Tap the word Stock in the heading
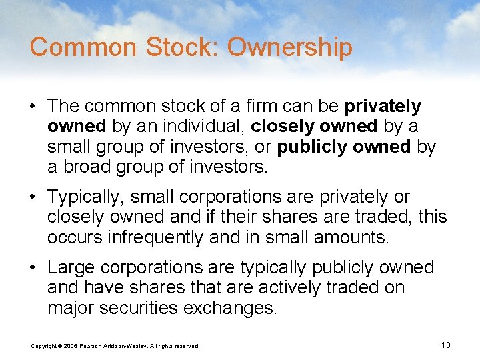pyautogui.click(x=177, y=48)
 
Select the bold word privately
pyautogui.click(x=383, y=107)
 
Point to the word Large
pyautogui.click(x=70, y=268)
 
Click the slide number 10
pyautogui.click(x=446, y=345)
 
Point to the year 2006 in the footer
pyautogui.click(x=71, y=346)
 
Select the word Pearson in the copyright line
pyautogui.click(x=92, y=346)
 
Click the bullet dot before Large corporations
pyautogui.click(x=34, y=268)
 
